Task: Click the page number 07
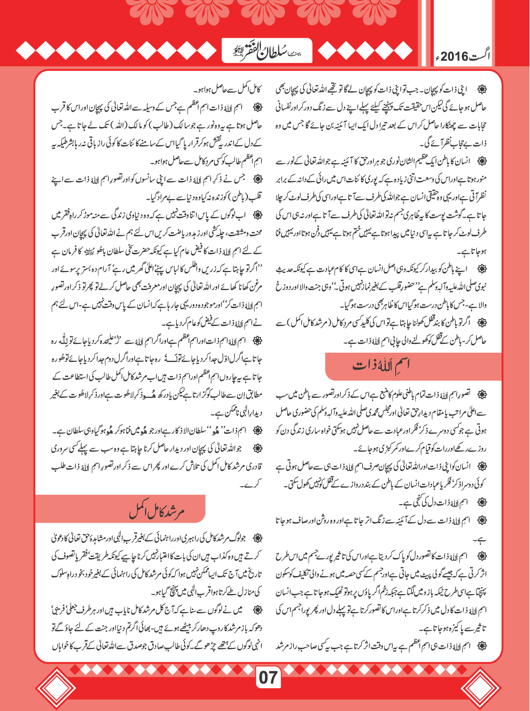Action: click(268, 677)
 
